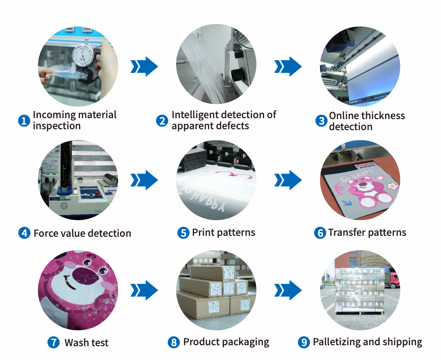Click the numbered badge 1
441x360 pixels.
[x=24, y=121]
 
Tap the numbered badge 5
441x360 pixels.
[x=183, y=233]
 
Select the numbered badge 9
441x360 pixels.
[x=304, y=342]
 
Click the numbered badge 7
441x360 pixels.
[x=54, y=342]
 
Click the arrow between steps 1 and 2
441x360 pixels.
[x=144, y=66]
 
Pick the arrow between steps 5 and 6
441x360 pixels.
[x=288, y=180]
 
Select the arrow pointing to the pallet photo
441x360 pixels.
[x=288, y=290]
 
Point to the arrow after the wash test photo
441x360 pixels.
[x=144, y=290]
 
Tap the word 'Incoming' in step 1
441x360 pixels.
[x=52, y=115]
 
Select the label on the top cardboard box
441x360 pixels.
[x=229, y=273]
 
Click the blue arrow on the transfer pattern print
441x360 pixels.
[x=348, y=203]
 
